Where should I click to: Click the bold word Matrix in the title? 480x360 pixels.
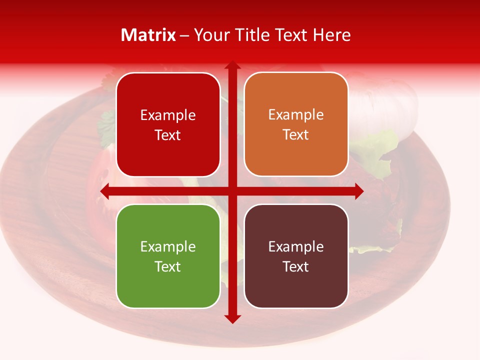point(148,35)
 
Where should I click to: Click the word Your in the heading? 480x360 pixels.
point(209,35)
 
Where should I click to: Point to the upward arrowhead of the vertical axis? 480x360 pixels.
point(232,65)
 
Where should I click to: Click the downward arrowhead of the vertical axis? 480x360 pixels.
point(232,318)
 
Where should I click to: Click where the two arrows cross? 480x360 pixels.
point(232,191)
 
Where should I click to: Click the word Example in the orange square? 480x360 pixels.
point(296,115)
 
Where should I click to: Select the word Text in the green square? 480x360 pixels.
point(168,266)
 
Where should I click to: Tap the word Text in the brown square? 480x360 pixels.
point(296,266)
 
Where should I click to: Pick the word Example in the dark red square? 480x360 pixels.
point(168,115)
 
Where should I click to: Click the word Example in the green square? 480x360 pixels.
point(168,246)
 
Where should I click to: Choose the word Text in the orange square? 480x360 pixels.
point(296,135)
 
